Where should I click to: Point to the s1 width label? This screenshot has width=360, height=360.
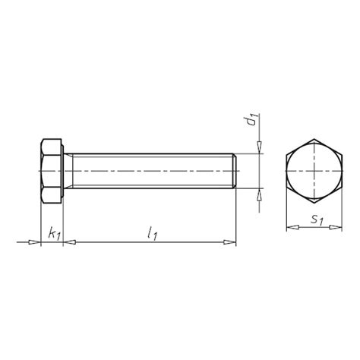pyautogui.click(x=318, y=221)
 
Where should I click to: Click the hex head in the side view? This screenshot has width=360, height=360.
pyautogui.click(x=51, y=171)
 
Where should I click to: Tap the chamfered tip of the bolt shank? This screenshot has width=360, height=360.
pyautogui.click(x=235, y=171)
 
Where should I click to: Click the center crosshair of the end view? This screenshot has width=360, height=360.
pyautogui.click(x=312, y=171)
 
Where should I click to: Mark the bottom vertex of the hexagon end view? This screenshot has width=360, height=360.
pyautogui.click(x=312, y=203)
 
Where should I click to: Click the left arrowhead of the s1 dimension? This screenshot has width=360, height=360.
pyautogui.click(x=289, y=226)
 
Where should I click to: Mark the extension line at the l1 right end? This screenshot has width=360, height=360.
pyautogui.click(x=236, y=220)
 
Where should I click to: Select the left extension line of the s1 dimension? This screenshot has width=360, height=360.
pyautogui.click(x=285, y=213)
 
